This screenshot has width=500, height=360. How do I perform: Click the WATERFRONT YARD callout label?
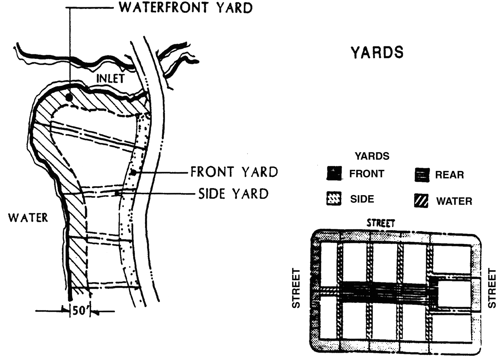(x=186, y=8)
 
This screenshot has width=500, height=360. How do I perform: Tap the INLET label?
(x=110, y=78)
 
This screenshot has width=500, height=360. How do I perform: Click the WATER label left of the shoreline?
(x=28, y=217)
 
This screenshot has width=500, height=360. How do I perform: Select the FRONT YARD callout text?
(x=234, y=172)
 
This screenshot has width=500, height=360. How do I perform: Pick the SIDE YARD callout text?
(x=234, y=194)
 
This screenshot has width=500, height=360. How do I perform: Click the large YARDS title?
(x=377, y=52)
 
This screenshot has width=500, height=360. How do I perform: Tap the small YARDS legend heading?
(x=372, y=156)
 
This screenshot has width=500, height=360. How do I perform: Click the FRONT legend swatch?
(x=334, y=173)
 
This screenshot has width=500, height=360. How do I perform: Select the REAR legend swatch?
(x=421, y=175)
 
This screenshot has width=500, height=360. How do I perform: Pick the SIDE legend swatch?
(x=334, y=199)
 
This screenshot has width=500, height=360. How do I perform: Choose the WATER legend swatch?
(x=421, y=201)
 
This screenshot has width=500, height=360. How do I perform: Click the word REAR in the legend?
(x=449, y=175)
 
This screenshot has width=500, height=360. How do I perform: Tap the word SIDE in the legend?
(x=362, y=199)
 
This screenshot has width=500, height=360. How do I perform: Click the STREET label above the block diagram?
(x=381, y=223)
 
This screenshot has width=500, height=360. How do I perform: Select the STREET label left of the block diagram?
(x=296, y=288)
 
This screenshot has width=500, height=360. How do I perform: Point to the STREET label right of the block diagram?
(x=492, y=288)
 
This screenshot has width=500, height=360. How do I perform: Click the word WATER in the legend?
(x=454, y=201)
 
